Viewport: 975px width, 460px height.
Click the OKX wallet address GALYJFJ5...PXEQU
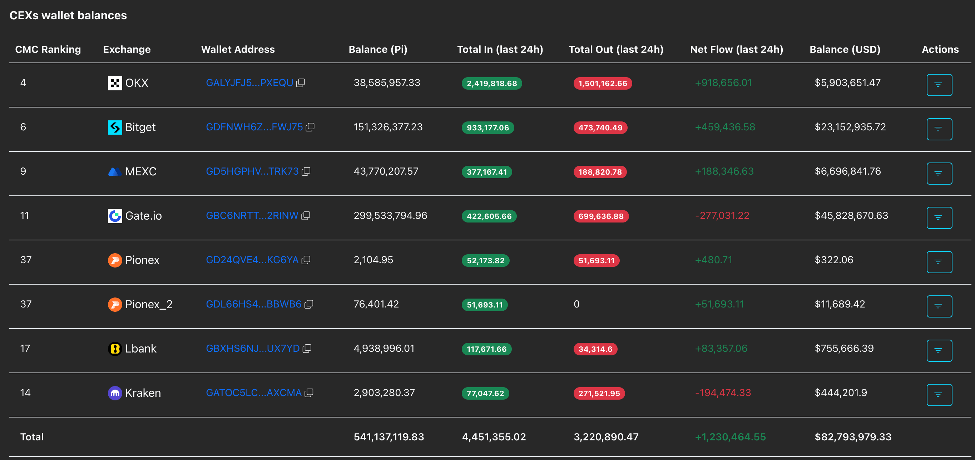pos(249,83)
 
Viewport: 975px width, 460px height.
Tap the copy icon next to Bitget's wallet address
pos(310,127)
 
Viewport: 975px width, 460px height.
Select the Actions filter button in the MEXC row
pos(939,173)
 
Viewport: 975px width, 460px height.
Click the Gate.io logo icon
pos(115,216)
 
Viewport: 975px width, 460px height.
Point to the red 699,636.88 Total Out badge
pos(601,216)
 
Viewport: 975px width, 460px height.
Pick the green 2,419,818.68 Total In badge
pos(492,84)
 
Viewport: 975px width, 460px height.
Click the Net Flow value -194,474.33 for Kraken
pos(723,392)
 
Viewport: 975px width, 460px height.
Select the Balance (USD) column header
pos(845,50)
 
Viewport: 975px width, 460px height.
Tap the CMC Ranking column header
pos(48,50)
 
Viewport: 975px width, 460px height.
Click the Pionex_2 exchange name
pos(149,304)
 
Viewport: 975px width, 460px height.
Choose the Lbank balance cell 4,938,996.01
pos(384,349)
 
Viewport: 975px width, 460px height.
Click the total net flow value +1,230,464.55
pos(730,437)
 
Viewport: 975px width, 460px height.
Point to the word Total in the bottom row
pos(32,437)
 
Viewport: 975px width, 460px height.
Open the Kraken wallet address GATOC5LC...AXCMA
pos(254,392)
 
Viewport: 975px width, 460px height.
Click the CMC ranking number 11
pos(24,216)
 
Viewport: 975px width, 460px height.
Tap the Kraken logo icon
pos(115,393)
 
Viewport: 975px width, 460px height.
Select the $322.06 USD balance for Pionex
pos(834,260)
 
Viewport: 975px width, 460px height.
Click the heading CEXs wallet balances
pos(68,15)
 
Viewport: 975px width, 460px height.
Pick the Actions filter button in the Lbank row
pos(939,350)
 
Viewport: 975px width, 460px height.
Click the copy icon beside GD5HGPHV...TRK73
pos(306,171)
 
